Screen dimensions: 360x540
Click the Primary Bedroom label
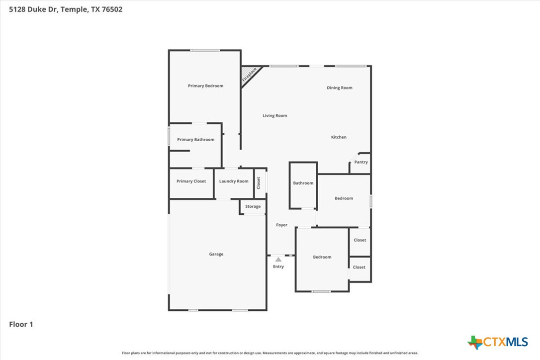coord(205,86)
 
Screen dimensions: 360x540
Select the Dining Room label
coord(339,88)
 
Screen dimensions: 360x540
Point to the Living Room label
coord(275,116)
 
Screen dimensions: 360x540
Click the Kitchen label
coord(339,137)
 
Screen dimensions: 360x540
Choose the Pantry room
coord(361,163)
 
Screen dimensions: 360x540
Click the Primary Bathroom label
coord(195,140)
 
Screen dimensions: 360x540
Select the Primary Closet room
coord(191,181)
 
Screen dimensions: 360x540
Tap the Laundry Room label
coord(234,181)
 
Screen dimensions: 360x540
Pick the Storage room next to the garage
coord(253,206)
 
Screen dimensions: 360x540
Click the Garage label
coord(216,254)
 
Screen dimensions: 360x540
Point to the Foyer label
coord(281,225)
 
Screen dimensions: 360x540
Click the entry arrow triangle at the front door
coord(278,259)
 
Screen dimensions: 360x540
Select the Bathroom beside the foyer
coord(303,183)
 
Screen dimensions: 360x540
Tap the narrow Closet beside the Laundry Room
coord(259,183)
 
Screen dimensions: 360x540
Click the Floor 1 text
coord(21,325)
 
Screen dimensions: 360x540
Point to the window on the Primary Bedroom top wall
coord(205,50)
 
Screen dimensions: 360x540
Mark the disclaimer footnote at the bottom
coord(270,353)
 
